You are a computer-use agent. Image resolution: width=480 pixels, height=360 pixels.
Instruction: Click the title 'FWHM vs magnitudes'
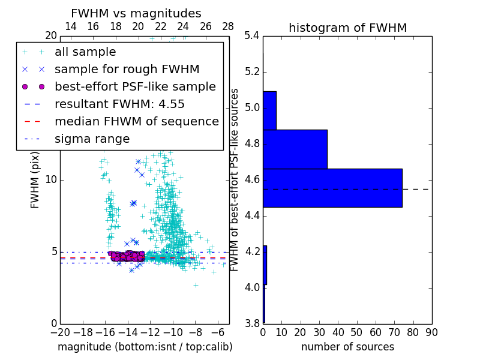pos(136,13)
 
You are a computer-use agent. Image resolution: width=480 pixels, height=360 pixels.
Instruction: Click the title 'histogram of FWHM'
pos(347,28)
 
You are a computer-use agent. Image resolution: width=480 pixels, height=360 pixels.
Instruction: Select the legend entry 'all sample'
pos(85,52)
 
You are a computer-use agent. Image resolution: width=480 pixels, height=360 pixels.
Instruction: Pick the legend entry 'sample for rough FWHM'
pos(127,69)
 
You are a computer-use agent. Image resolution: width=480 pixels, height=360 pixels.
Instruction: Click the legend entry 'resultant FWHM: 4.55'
pos(119,104)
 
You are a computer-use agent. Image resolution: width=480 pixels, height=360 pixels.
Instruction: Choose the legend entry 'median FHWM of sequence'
pos(136,121)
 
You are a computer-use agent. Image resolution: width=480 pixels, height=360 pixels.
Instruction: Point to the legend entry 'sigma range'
pos(92,139)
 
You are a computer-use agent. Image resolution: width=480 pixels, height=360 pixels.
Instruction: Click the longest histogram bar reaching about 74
pos(332,188)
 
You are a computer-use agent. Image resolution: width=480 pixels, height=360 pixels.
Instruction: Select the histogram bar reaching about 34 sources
pos(295,149)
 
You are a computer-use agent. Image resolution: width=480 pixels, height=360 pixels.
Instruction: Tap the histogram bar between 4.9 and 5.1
pos(269,110)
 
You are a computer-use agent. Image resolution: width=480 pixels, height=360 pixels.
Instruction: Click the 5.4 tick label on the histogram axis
pos(252,36)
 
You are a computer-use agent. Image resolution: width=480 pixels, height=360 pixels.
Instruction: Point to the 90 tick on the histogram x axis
pos(431,332)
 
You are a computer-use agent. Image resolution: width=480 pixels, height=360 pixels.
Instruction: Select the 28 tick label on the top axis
pos(228,26)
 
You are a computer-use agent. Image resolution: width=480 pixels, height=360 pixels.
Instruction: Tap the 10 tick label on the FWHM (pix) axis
pos(50,180)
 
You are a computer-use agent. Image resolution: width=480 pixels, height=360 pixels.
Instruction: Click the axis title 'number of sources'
pos(347,347)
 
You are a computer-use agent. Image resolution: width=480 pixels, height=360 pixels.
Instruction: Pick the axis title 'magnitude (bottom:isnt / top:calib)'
pos(145,347)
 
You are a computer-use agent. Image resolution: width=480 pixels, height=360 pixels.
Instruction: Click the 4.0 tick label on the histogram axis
pos(252,287)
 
